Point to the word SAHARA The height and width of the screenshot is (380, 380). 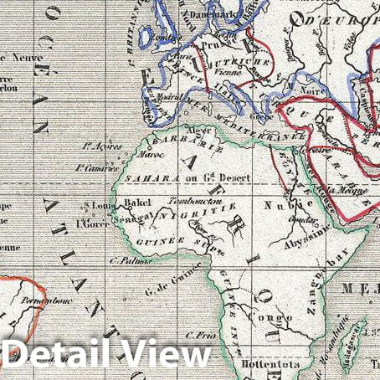tap(143, 178)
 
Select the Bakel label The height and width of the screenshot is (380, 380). tap(136, 203)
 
